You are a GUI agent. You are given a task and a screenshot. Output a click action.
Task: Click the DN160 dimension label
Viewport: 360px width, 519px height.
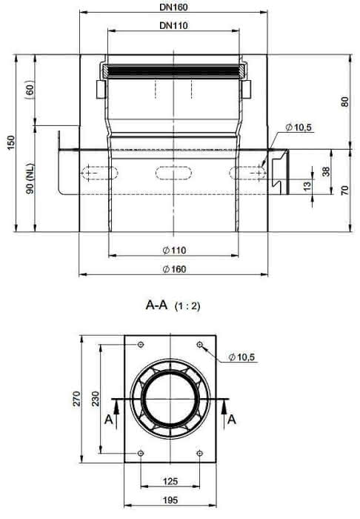pos(173,7)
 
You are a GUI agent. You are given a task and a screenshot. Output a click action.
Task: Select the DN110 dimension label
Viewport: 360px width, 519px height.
pos(173,25)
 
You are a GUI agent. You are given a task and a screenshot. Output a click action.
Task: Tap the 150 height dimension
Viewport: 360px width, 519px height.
pos(12,142)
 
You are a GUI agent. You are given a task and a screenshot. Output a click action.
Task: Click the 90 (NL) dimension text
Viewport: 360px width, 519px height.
pos(30,178)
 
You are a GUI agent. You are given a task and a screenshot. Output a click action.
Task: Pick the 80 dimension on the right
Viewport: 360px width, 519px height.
pos(344,102)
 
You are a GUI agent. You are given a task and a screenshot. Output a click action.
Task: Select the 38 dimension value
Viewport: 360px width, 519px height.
pos(326,171)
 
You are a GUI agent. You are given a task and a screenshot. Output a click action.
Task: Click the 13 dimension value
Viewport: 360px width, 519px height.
pos(307,185)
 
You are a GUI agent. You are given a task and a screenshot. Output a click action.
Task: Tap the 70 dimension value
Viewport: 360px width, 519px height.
pos(344,191)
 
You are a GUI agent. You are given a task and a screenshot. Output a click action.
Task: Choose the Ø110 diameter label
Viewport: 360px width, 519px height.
pos(175,251)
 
